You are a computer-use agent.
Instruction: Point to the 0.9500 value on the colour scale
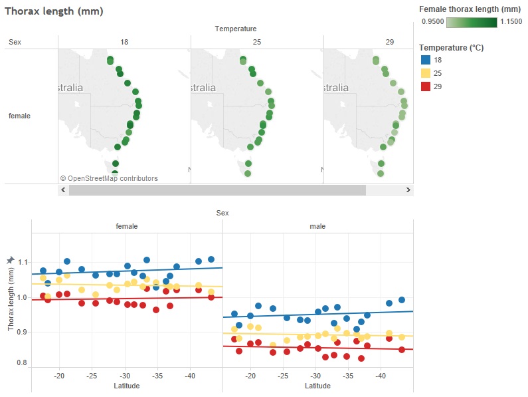click(x=432, y=23)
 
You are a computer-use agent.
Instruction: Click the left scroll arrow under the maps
click(x=63, y=190)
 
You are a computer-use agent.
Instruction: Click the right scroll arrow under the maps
click(x=408, y=190)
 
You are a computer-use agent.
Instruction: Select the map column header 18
click(x=124, y=42)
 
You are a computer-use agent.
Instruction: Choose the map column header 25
click(x=257, y=42)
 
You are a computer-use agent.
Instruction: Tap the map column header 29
click(x=389, y=42)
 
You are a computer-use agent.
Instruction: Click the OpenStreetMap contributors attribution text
click(x=109, y=178)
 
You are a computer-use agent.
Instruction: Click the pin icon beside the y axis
click(x=10, y=260)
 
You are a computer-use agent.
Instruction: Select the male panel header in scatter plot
click(x=317, y=226)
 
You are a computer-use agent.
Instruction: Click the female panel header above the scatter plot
click(x=127, y=226)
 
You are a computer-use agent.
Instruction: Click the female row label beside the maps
click(x=19, y=116)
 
